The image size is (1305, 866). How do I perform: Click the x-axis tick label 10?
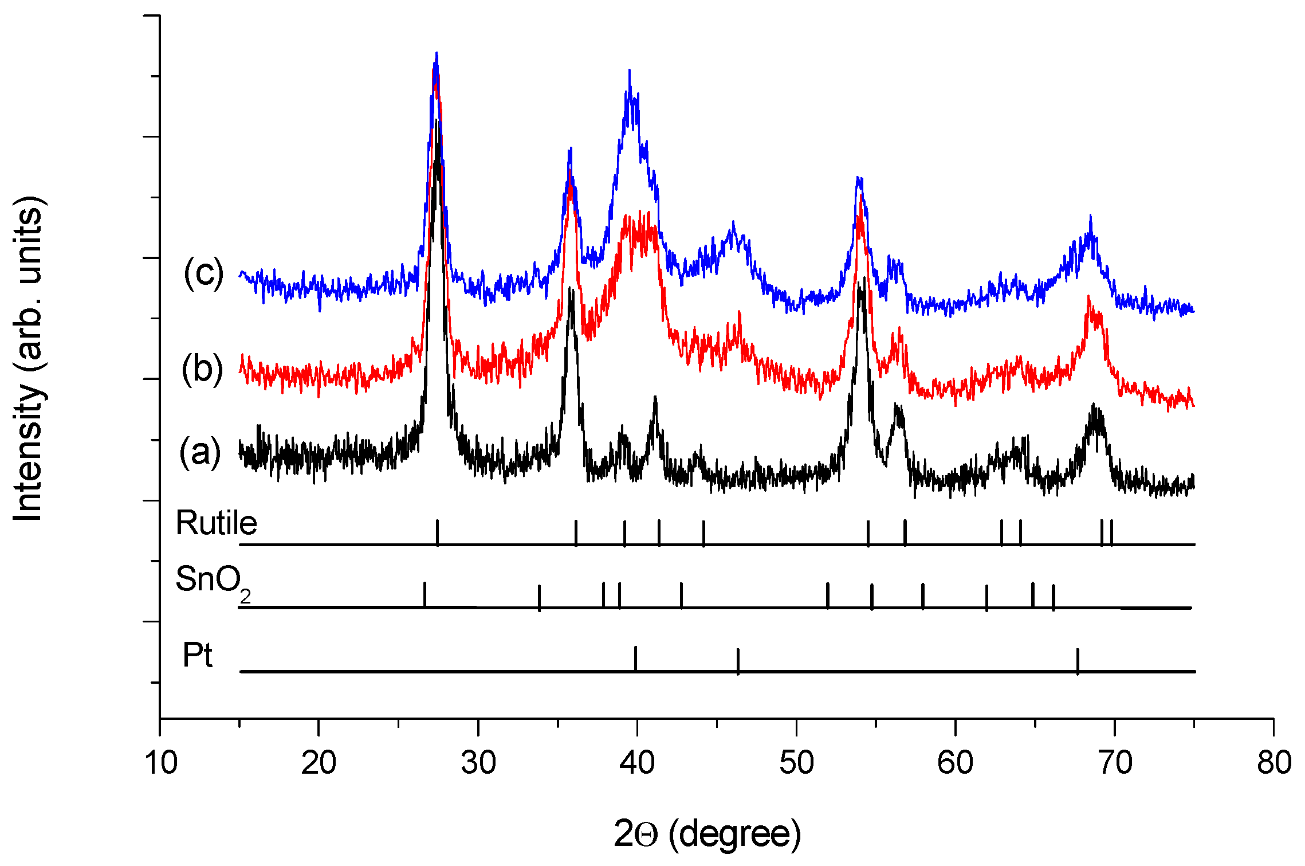pyautogui.click(x=161, y=763)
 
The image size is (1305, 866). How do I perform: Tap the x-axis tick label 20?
pyautogui.click(x=319, y=763)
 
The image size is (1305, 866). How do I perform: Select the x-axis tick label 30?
pyautogui.click(x=478, y=763)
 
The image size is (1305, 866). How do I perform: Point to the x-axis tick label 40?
pyautogui.click(x=637, y=763)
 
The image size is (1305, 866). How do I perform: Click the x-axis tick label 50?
pyautogui.click(x=796, y=763)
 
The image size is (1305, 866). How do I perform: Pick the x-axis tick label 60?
pyautogui.click(x=955, y=763)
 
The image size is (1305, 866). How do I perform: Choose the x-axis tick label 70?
pyautogui.click(x=1115, y=763)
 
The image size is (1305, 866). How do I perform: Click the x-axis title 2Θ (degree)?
pyautogui.click(x=707, y=833)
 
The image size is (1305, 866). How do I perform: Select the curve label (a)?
pyautogui.click(x=200, y=452)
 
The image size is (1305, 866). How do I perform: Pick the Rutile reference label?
pyautogui.click(x=216, y=523)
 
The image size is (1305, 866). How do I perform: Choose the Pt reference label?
pyautogui.click(x=197, y=655)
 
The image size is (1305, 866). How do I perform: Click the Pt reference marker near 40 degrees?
pyautogui.click(x=635, y=658)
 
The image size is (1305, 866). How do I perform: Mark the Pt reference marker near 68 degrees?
pyautogui.click(x=1078, y=660)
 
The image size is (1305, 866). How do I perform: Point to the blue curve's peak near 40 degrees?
pyautogui.click(x=630, y=72)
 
